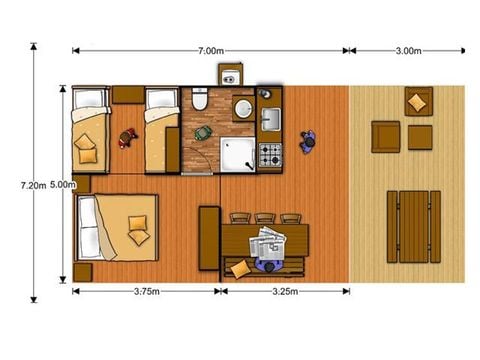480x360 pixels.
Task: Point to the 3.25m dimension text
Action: coord(285,293)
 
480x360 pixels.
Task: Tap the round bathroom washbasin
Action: coord(242,107)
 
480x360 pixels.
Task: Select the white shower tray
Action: coord(239,153)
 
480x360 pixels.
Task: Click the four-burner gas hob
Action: coord(271,155)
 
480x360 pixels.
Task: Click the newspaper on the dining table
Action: coord(268,243)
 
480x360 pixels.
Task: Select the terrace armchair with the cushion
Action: coord(418,101)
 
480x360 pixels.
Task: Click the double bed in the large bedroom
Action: coord(118,225)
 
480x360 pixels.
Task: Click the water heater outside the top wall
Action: coord(230,76)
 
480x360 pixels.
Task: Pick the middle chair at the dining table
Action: coord(265,217)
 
